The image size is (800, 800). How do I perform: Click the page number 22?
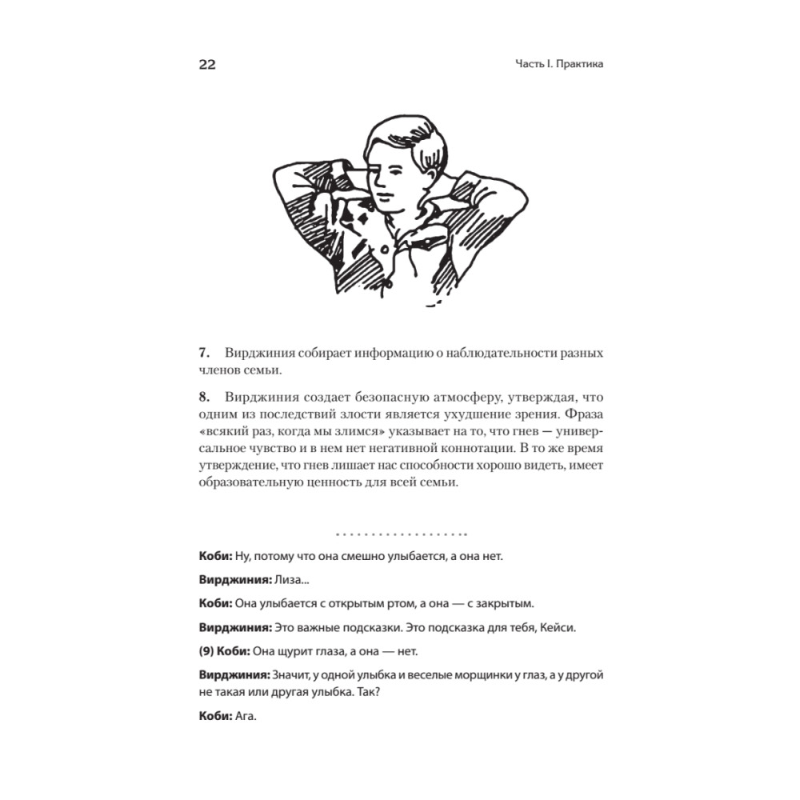point(207,65)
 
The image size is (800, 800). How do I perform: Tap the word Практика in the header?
point(578,65)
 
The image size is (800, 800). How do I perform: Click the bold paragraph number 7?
point(203,353)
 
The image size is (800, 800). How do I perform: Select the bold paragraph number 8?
point(203,397)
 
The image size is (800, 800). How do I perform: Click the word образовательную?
point(254,485)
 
